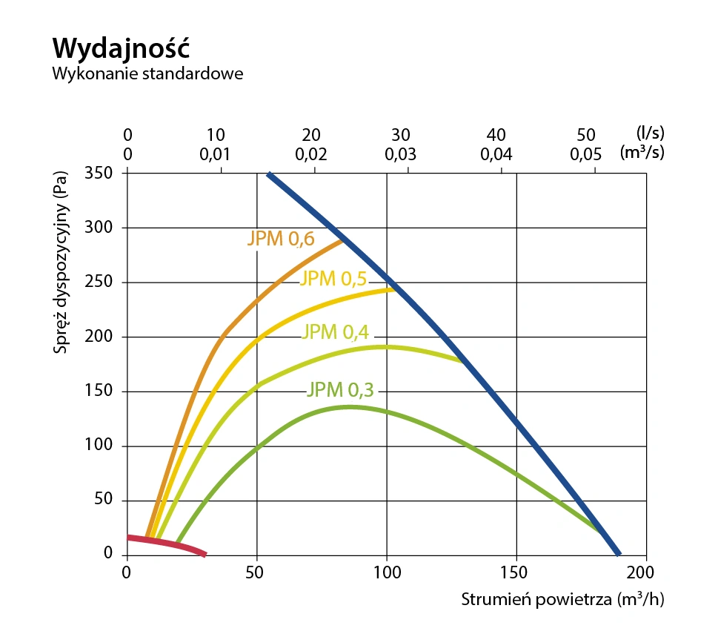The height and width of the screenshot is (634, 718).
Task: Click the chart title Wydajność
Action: [122, 49]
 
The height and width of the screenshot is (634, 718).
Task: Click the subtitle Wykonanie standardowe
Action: [147, 75]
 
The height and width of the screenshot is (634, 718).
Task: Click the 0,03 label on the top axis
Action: [401, 155]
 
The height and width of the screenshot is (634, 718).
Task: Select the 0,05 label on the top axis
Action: [585, 155]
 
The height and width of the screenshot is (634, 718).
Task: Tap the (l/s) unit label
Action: [650, 133]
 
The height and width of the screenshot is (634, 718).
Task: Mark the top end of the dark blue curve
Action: [270, 175]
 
